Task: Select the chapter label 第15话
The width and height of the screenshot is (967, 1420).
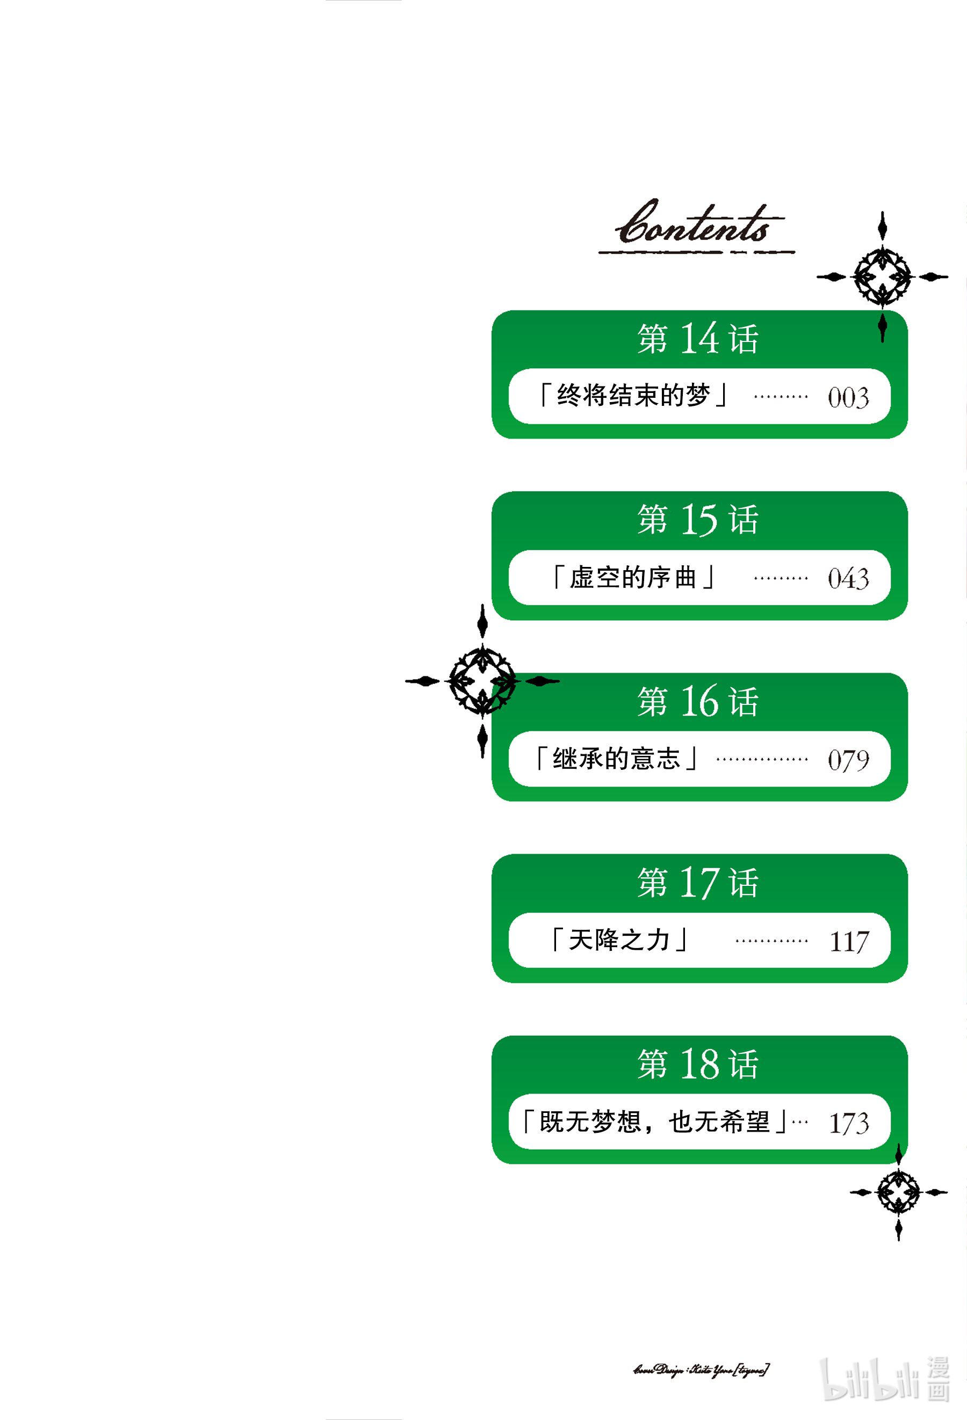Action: tap(698, 519)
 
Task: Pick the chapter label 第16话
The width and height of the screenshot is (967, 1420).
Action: tap(698, 701)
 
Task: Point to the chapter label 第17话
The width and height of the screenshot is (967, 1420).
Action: tap(698, 882)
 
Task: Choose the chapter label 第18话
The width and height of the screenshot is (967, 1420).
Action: tap(698, 1064)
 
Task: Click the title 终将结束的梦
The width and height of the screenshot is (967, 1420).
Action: tap(633, 396)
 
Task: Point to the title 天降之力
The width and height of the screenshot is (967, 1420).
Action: tap(619, 940)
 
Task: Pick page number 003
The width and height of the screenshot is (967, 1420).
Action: tap(848, 397)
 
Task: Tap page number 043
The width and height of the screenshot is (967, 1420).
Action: tap(848, 578)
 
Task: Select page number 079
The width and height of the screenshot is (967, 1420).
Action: tap(848, 760)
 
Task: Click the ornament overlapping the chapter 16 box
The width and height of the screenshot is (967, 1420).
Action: tap(482, 681)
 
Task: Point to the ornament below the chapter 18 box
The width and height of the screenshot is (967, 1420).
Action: tap(898, 1192)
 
